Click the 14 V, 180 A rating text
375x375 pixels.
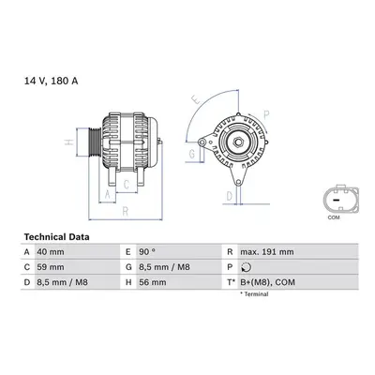(52, 81)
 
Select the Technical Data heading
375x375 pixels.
(56, 237)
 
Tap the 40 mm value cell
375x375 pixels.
(51, 252)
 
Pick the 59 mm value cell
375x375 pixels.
(51, 267)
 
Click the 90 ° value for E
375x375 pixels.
(147, 252)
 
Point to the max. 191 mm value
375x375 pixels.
(267, 252)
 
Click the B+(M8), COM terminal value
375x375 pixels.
(267, 282)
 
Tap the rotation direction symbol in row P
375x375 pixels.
(247, 267)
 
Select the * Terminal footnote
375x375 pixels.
(254, 294)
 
